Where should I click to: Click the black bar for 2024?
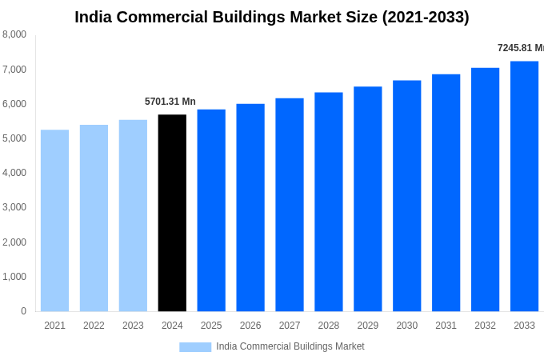tap(172, 213)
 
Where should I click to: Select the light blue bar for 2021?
tap(54, 221)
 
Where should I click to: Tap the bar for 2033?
tap(524, 186)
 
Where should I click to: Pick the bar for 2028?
tap(329, 202)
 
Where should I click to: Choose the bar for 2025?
tap(211, 210)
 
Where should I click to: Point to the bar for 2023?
tap(133, 216)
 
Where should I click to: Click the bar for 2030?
tap(406, 196)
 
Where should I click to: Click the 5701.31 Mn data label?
tap(170, 102)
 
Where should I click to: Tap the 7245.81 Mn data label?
tap(520, 48)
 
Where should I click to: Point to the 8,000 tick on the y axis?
tap(14, 34)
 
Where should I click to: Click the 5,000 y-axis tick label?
tap(14, 138)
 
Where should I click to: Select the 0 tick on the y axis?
tap(23, 311)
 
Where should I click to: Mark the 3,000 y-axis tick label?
tap(14, 207)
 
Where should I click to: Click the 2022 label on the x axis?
tap(94, 326)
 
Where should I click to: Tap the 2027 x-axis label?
tap(290, 326)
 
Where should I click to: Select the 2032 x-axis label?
tap(485, 326)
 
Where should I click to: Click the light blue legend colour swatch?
tap(195, 347)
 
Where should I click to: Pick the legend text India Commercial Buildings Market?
tap(290, 346)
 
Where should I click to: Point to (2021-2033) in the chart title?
tap(426, 17)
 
